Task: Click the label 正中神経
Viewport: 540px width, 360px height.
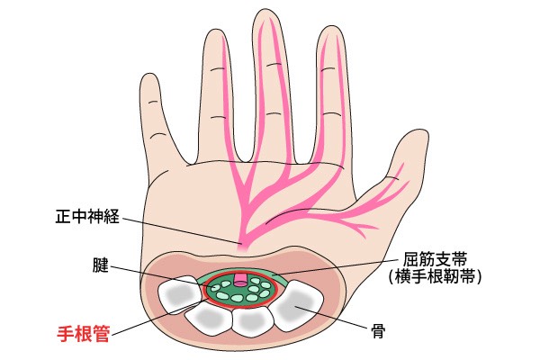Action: coord(87,217)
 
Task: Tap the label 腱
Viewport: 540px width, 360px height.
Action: coord(101,265)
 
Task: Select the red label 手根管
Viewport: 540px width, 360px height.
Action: coord(84,334)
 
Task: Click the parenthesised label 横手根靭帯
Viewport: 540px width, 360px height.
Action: coord(435,276)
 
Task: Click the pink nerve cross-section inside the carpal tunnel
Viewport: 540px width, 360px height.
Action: coord(240,280)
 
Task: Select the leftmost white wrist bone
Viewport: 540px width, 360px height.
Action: coord(179,294)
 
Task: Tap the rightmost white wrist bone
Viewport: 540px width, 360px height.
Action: coord(298,305)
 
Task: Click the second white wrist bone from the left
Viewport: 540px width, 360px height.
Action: coord(210,319)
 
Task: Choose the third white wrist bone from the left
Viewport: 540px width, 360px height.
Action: coord(254,321)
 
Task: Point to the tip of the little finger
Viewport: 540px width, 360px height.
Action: coord(150,74)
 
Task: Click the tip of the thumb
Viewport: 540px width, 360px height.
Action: coord(418,130)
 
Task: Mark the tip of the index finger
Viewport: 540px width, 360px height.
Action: coord(330,27)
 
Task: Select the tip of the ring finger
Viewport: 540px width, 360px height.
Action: coord(214,30)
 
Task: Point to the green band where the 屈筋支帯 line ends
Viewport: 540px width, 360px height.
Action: coord(273,274)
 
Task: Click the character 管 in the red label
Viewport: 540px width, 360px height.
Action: coord(101,334)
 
